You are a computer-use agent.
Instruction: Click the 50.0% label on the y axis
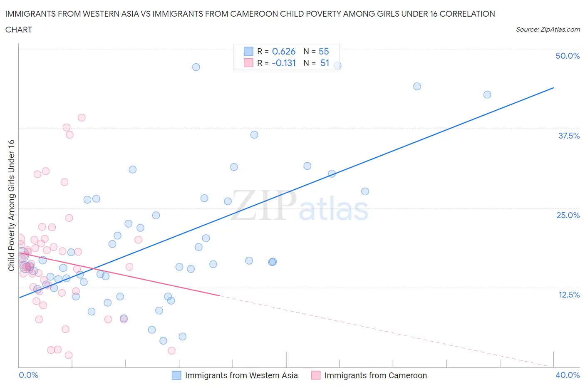tap(567, 56)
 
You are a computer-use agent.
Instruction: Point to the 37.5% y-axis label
tap(568, 136)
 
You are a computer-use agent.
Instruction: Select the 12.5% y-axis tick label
tap(568, 295)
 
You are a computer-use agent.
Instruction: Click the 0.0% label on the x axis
tap(28, 375)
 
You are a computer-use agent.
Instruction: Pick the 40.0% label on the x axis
tap(567, 375)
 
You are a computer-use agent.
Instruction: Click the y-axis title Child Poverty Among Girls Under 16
tap(11, 205)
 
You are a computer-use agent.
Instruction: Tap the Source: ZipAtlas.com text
tap(548, 30)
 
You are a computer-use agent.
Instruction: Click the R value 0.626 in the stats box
tap(283, 51)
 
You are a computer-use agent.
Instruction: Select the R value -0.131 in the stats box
tap(283, 63)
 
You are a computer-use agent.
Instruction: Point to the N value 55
tap(323, 51)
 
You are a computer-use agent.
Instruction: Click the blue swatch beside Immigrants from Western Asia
tap(176, 375)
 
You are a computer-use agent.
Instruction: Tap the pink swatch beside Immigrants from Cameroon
tap(316, 375)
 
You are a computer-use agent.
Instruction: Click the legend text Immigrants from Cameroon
tap(375, 375)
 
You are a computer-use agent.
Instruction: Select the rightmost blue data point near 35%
tap(487, 94)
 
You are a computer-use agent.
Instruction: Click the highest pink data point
tap(82, 118)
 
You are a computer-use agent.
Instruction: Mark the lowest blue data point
tap(163, 341)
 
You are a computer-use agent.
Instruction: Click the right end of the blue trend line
tap(553, 88)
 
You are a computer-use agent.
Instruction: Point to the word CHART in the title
tap(19, 30)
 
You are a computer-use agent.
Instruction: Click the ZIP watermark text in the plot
tap(263, 206)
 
